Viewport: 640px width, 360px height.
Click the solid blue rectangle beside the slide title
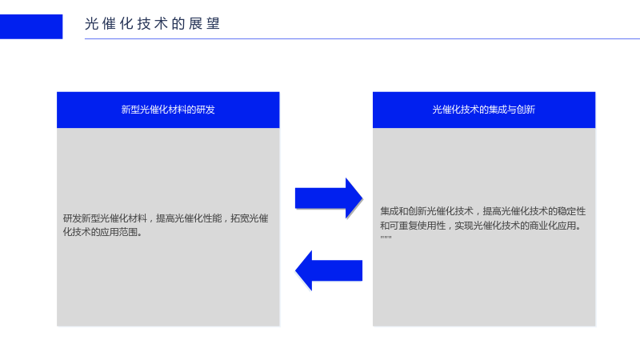point(31,26)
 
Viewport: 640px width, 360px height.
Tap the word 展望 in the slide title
point(204,24)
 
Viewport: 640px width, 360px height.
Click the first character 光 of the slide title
point(91,24)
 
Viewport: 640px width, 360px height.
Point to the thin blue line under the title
point(362,38)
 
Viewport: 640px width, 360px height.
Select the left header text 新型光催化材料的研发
point(168,110)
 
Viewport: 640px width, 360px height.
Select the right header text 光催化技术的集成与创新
point(484,110)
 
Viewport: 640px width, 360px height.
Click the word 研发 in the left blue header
point(206,110)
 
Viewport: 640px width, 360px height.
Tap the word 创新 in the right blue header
point(526,110)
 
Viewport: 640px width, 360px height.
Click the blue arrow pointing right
point(329,198)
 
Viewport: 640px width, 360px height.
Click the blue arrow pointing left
point(329,270)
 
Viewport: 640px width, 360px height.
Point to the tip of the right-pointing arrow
point(362,198)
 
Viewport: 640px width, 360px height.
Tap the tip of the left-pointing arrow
point(295,270)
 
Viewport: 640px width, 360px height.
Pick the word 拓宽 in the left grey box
point(240,218)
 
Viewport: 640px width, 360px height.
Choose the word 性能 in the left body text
point(212,218)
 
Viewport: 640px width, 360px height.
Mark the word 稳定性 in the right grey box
point(572,211)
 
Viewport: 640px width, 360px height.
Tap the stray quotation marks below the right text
point(386,237)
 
